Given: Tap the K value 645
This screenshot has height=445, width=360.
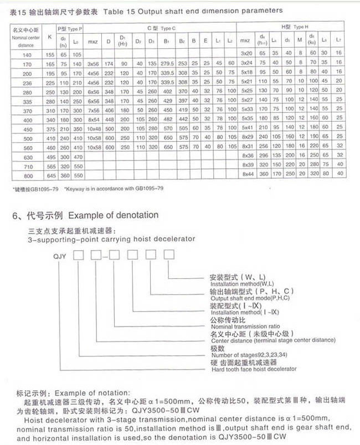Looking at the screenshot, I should pos(50,175).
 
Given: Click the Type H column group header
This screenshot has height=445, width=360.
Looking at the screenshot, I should pos(292,27).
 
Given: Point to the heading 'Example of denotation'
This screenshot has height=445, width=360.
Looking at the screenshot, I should pos(113,215).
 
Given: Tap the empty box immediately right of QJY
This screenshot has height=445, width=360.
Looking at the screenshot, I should pos(80,255).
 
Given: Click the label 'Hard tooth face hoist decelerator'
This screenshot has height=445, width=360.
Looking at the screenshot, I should pos(254,369).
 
